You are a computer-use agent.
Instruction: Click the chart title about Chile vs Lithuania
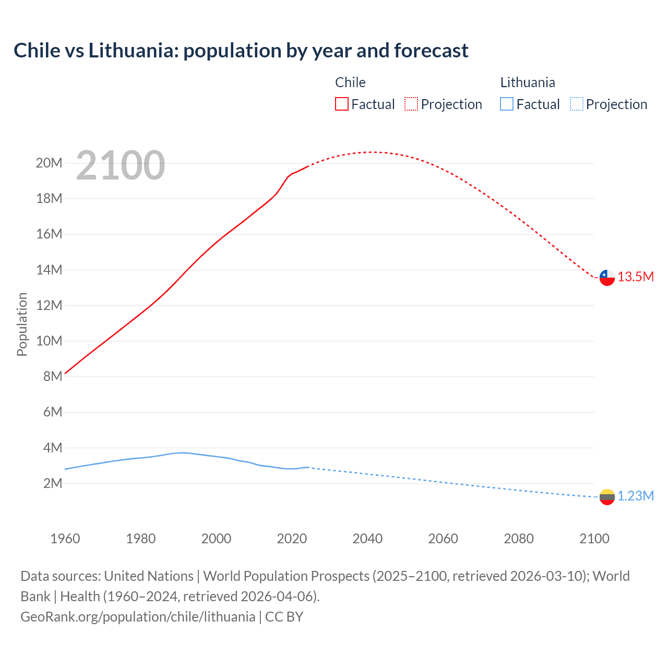click(x=241, y=51)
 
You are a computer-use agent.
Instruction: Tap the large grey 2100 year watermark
click(x=121, y=165)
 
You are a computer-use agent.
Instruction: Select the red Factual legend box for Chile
click(x=341, y=104)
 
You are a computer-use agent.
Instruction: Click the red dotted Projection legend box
click(x=411, y=104)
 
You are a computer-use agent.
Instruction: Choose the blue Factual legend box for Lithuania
click(x=507, y=104)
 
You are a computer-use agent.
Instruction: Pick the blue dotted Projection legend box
click(x=576, y=104)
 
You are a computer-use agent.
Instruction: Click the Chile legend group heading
click(x=350, y=82)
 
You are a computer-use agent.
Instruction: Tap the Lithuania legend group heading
click(x=528, y=82)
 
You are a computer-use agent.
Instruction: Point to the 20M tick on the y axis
click(x=49, y=163)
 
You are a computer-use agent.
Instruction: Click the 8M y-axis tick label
click(x=52, y=376)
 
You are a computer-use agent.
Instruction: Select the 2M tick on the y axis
click(x=52, y=483)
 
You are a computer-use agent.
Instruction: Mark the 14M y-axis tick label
click(x=49, y=270)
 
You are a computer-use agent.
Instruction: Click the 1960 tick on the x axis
click(x=65, y=539)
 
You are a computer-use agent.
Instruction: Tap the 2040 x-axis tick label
click(x=367, y=539)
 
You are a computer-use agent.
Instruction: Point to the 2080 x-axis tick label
click(x=519, y=539)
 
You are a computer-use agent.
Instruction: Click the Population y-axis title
click(x=22, y=324)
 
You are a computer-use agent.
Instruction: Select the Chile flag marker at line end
click(x=607, y=278)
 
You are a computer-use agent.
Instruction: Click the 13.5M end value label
click(x=636, y=277)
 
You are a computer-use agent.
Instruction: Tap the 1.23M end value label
click(x=636, y=496)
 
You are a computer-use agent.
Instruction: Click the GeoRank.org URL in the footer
click(x=138, y=617)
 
